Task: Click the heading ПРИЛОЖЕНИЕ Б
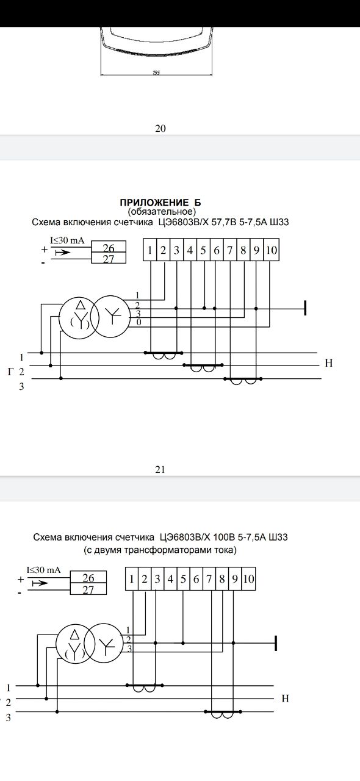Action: (160, 203)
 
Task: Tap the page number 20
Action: (160, 129)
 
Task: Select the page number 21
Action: (160, 470)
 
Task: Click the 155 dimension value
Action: (156, 73)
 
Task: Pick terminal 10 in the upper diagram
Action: (272, 250)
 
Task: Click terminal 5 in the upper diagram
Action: (203, 250)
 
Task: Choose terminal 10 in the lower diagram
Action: (248, 579)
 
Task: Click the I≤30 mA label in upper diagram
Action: (67, 240)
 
